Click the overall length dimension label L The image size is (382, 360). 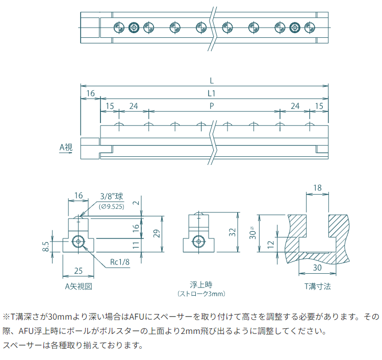(x=211, y=81)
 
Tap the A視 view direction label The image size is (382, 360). (x=66, y=148)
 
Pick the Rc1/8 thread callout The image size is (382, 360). (x=120, y=262)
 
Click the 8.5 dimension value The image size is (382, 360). (x=46, y=247)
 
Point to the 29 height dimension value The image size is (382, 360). (x=157, y=234)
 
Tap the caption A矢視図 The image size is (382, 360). (x=78, y=286)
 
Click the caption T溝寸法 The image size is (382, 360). (x=317, y=286)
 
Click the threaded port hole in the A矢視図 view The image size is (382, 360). (x=79, y=241)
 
